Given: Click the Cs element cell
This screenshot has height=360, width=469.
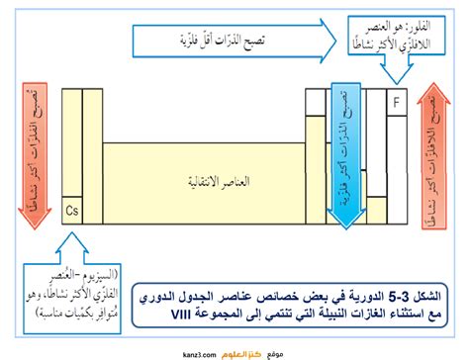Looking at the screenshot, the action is [x=71, y=211].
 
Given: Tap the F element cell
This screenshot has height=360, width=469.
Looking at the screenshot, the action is [x=398, y=101].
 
